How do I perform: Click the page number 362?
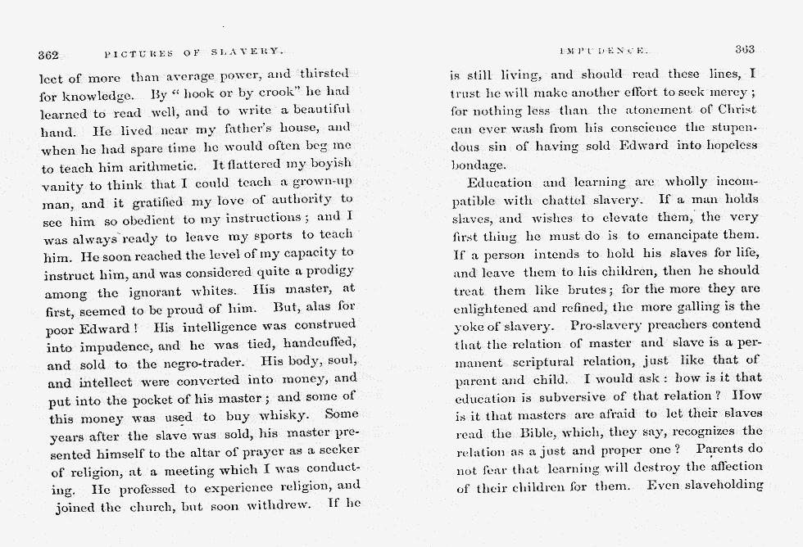tap(49, 55)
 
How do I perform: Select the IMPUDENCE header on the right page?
tap(594, 51)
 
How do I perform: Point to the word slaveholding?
tap(721, 485)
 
